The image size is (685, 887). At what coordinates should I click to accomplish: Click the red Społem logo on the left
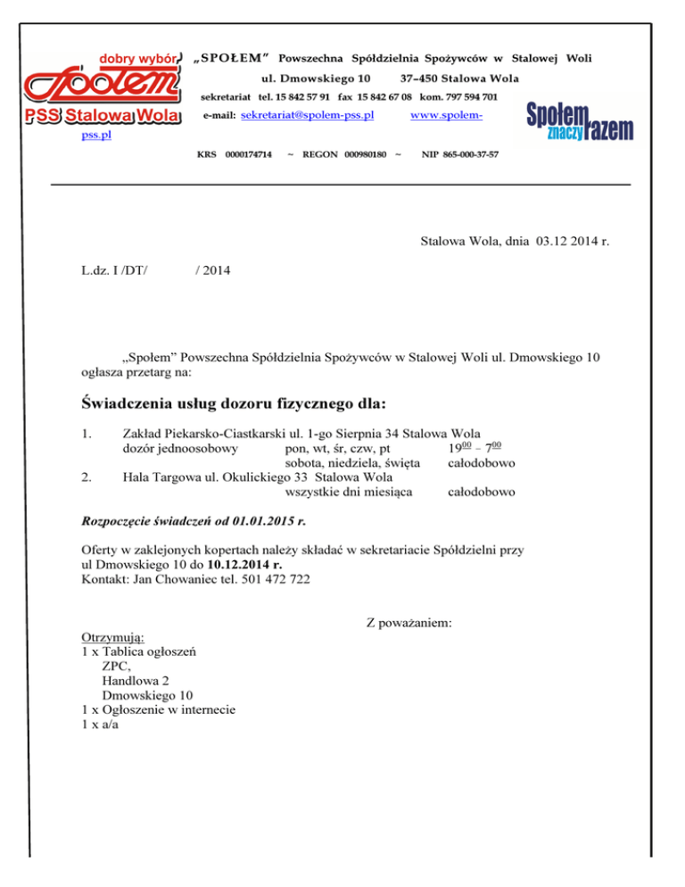point(102,86)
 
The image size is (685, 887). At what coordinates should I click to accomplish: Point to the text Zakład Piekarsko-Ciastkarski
point(201,432)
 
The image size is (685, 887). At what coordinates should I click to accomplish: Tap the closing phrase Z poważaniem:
point(411,622)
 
